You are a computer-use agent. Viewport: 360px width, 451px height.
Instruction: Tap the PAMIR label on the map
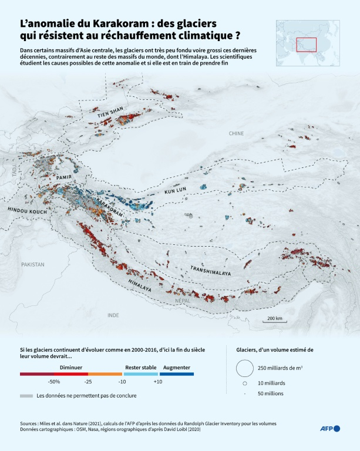64,176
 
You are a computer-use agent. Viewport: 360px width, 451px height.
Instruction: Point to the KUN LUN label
175,191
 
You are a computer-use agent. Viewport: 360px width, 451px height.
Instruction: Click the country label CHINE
236,134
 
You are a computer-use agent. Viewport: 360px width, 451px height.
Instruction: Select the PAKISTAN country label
32,265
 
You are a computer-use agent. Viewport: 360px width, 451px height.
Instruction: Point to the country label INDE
113,315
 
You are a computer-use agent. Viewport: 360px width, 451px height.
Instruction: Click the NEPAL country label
183,301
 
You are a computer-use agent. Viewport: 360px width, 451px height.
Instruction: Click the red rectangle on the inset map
306,45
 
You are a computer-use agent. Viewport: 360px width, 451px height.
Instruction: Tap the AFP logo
329,429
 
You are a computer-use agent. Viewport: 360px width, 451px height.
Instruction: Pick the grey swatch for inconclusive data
26,396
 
